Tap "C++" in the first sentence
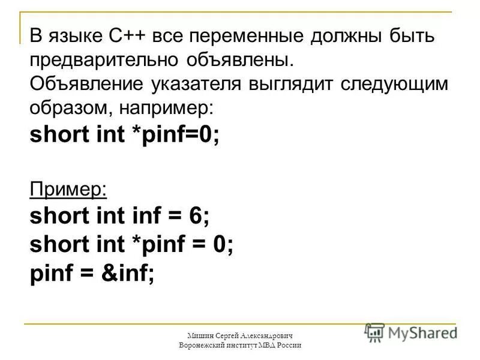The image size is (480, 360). coord(128,37)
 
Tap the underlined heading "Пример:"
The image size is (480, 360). coord(68,188)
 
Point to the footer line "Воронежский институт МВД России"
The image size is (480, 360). coord(239,346)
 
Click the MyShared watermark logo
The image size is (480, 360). coord(410,332)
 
